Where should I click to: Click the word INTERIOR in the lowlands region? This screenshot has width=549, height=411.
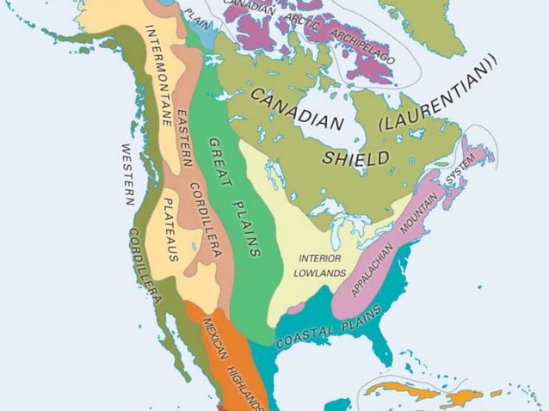(320, 259)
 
